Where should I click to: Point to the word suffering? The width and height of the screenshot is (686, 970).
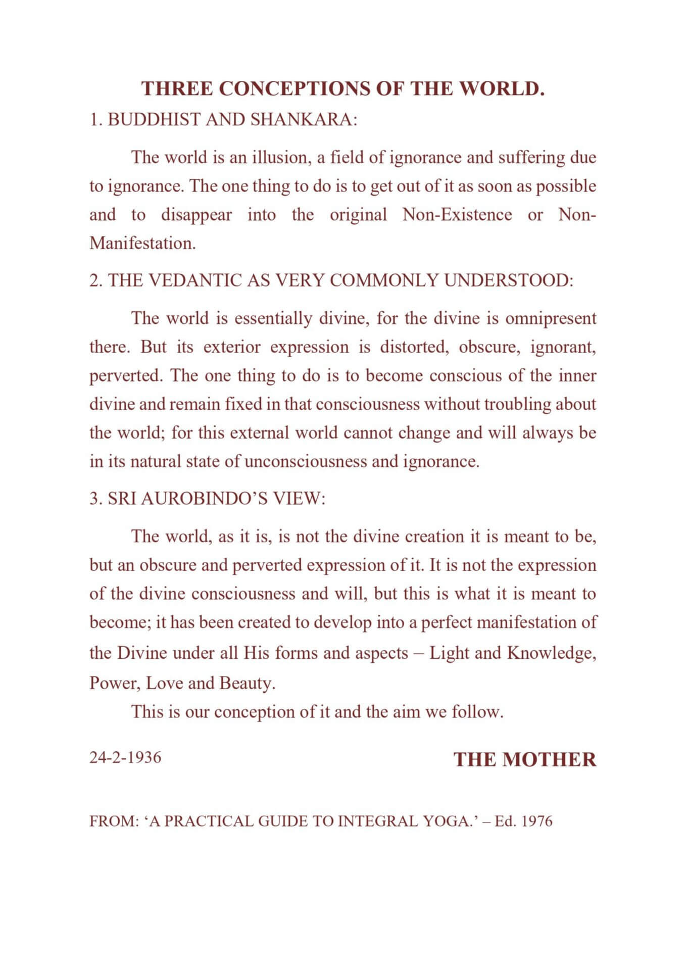point(531,158)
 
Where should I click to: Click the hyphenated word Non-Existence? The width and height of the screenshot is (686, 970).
point(457,215)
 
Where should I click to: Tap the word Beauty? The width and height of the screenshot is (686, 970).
point(247,684)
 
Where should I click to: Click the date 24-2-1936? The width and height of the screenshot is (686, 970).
point(125,758)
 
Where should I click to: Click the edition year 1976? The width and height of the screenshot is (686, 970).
point(536,821)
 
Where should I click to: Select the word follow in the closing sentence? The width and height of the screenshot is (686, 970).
point(477,712)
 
